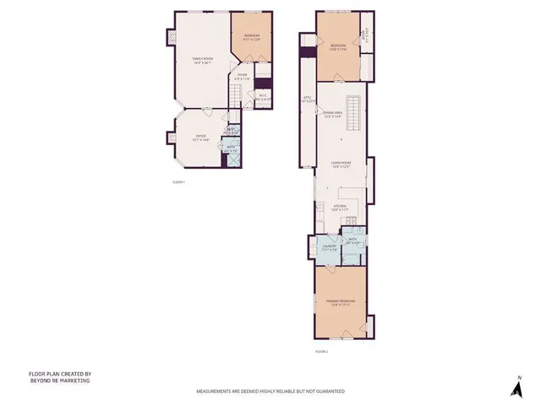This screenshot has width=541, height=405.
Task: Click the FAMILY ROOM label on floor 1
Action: pos(201,60)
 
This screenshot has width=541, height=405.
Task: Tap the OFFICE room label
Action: pos(201,137)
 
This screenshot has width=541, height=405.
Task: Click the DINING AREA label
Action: pos(333,114)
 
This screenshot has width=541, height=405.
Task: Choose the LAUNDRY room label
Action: pos(328,247)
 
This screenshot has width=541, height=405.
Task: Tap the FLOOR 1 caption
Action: pos(178,182)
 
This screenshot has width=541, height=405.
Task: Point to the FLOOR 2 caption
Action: pos(320,350)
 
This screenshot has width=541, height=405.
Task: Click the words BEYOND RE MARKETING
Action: pos(59,381)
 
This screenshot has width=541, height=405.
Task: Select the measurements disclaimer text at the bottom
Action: pos(270,391)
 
